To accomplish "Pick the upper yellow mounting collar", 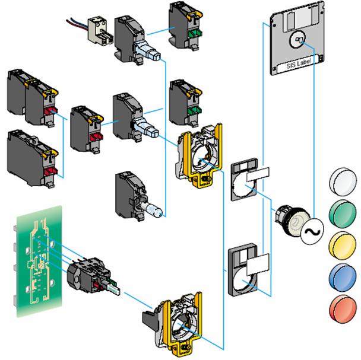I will coord(200,156).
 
